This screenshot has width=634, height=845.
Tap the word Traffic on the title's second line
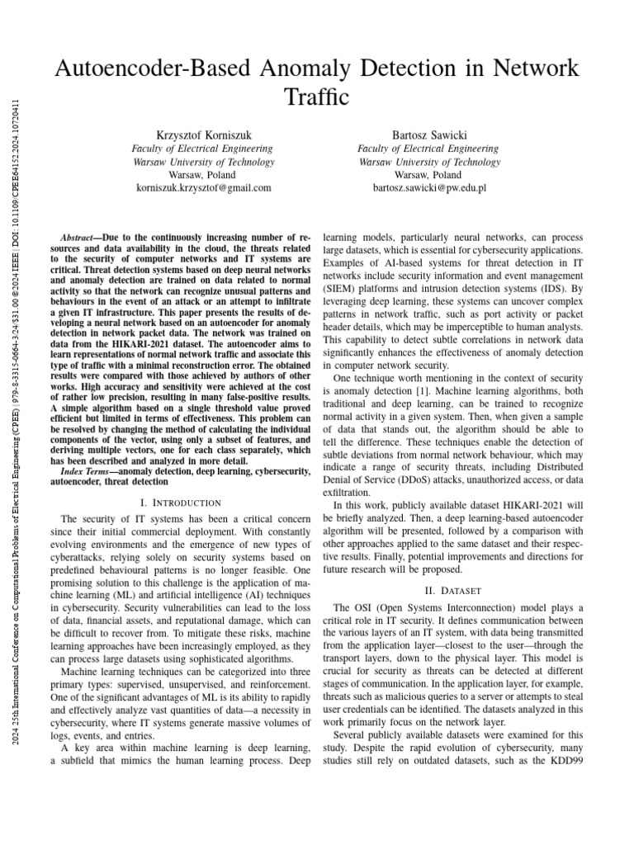pos(316,97)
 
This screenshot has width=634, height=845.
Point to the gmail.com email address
pos(203,188)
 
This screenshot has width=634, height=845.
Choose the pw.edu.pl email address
pos(429,188)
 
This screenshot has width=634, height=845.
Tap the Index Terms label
pos(89,470)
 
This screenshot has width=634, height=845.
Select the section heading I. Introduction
pos(182,503)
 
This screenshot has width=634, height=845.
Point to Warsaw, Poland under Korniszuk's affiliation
pos(202,175)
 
